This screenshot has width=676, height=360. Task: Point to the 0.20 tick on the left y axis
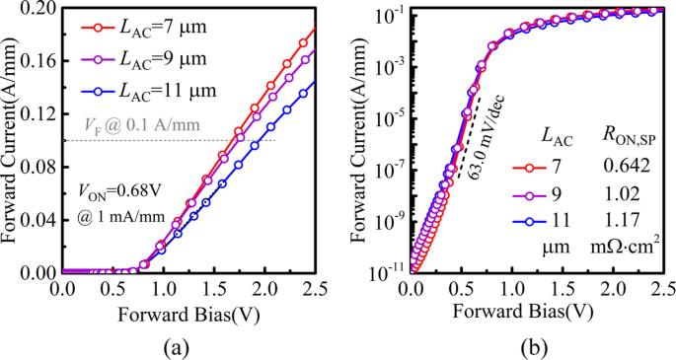(40, 8)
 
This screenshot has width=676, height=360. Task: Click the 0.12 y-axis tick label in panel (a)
(40, 113)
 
